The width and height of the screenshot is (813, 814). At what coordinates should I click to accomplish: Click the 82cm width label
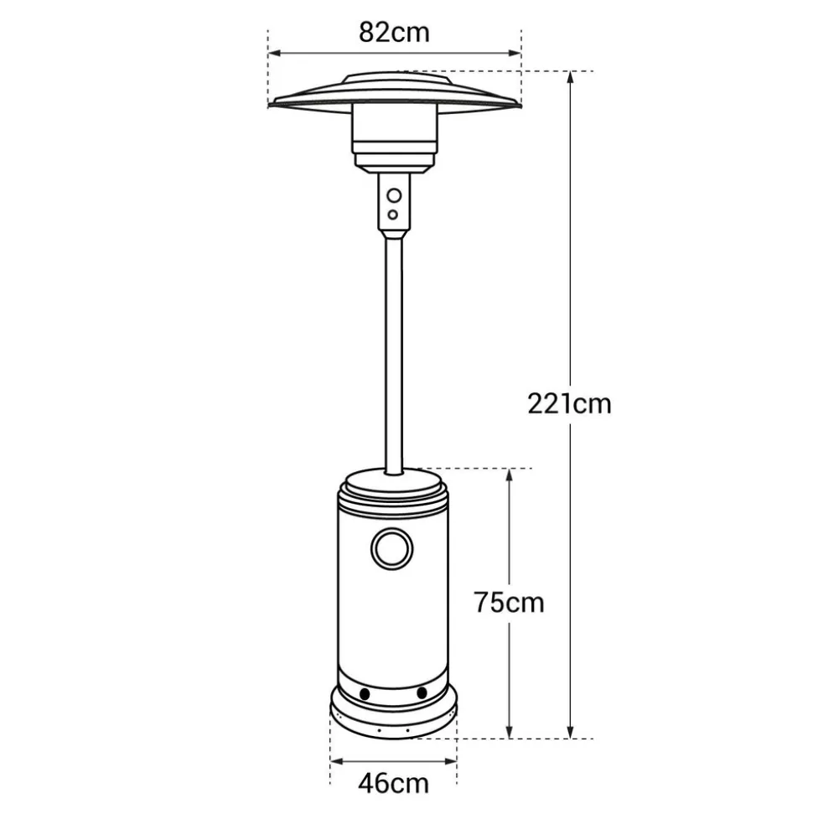click(x=394, y=32)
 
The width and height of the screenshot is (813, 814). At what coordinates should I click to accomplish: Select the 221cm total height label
click(x=569, y=403)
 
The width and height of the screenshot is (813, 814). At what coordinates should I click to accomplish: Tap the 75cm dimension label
click(x=508, y=602)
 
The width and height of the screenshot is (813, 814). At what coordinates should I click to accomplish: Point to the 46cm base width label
click(x=393, y=784)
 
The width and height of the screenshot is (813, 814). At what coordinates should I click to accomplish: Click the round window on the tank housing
click(x=392, y=549)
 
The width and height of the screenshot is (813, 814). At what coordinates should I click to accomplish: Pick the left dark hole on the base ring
click(x=365, y=694)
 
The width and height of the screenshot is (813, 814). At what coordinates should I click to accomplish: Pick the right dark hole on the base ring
click(x=422, y=693)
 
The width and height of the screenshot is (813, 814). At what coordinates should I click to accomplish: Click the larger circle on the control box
click(x=393, y=197)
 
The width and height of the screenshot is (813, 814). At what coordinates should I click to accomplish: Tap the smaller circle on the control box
click(x=392, y=215)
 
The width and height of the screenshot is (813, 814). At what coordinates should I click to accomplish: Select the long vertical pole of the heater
click(x=393, y=352)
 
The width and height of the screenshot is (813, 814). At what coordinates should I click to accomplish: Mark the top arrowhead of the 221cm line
click(x=571, y=77)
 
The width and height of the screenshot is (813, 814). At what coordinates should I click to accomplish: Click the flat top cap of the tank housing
click(x=393, y=482)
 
